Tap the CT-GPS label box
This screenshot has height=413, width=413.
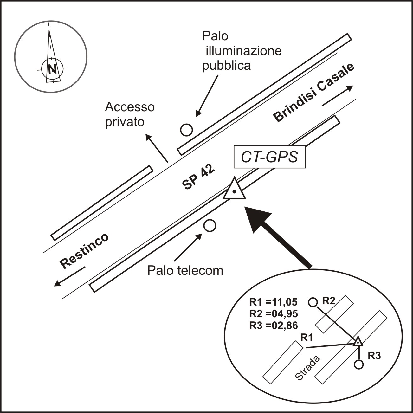pyautogui.click(x=269, y=157)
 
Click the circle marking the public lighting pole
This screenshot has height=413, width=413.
pyautogui.click(x=186, y=129)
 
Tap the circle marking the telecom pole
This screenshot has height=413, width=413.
pyautogui.click(x=210, y=225)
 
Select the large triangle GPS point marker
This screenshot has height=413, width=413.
pyautogui.click(x=234, y=190)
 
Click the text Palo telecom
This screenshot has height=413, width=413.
pyautogui.click(x=185, y=271)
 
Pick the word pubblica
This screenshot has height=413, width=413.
pyautogui.click(x=227, y=65)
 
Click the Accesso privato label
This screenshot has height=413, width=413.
pyautogui.click(x=130, y=114)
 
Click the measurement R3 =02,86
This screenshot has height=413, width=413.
pyautogui.click(x=274, y=325)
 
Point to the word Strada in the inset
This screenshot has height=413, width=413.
pyautogui.click(x=308, y=368)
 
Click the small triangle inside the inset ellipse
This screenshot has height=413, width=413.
pyautogui.click(x=358, y=342)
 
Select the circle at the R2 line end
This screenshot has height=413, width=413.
pyautogui.click(x=313, y=302)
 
